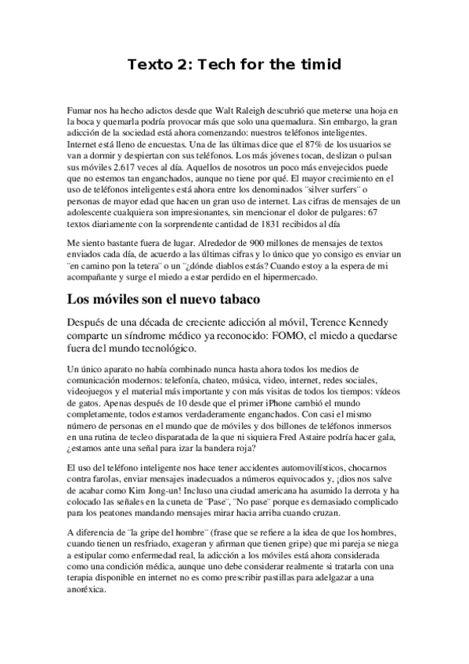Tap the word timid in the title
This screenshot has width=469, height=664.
click(319, 65)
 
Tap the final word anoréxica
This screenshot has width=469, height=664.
click(88, 590)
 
